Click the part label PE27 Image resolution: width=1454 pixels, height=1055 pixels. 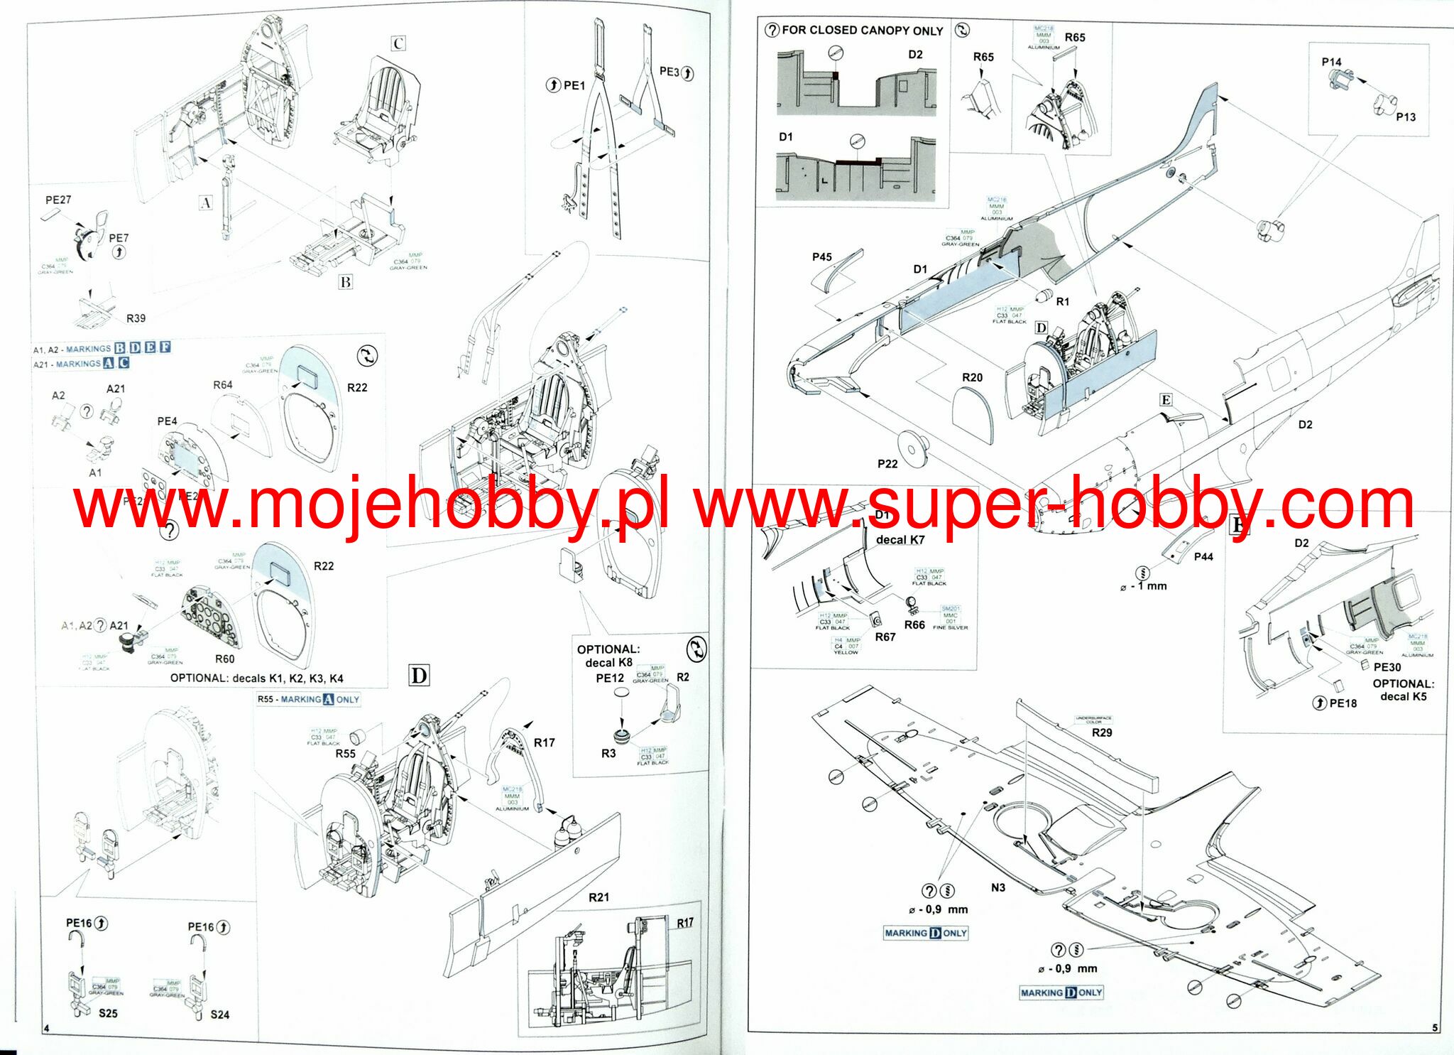coord(58,200)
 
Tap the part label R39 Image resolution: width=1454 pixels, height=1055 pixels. coord(136,318)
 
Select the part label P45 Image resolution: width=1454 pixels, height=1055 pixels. coord(821,257)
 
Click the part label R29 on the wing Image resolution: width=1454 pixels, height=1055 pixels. coord(1102,732)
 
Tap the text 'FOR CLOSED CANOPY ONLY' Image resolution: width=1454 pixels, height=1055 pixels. coord(862,31)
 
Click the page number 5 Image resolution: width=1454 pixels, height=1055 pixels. coord(1435,1028)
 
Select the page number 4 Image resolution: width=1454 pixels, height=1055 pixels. coord(46,1029)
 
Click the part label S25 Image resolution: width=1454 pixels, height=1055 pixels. coord(108,1013)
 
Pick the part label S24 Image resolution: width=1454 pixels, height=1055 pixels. coord(219,1015)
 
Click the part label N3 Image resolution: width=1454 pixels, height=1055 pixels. coord(998,887)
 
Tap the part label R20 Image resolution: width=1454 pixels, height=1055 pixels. coord(972,378)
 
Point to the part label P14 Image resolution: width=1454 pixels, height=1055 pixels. coord(1331,62)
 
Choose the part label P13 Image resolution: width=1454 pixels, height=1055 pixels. coord(1406,117)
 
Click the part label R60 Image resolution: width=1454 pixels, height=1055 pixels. coord(224,659)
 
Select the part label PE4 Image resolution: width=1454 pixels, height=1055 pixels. coord(167,421)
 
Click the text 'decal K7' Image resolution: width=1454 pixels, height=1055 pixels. coord(900,540)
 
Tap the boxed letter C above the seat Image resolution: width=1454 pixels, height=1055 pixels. coord(398,43)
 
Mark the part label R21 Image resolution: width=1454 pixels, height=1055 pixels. coord(598,897)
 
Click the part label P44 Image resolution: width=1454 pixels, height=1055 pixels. coord(1203,556)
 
